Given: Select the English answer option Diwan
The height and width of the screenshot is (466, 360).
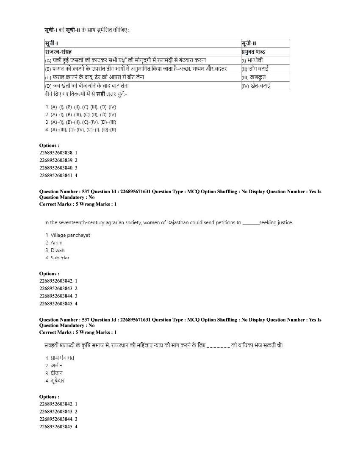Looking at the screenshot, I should [x=55, y=250].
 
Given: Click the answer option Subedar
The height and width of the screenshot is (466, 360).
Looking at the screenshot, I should [x=57, y=258].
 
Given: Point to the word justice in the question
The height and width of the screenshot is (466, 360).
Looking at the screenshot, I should [x=281, y=222].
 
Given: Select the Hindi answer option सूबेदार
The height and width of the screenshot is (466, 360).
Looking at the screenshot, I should [x=56, y=380].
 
